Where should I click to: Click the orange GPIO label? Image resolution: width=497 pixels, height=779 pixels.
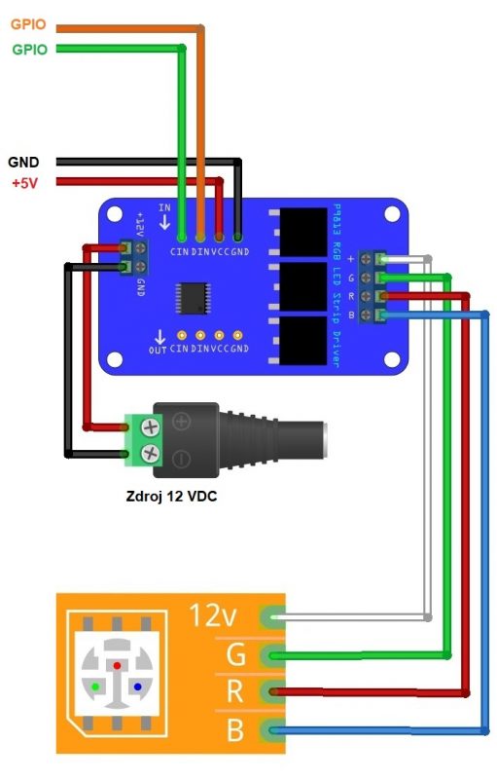tap(28, 24)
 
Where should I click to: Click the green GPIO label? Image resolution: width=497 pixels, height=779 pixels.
tap(30, 50)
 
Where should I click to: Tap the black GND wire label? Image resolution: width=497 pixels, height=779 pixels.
tap(23, 162)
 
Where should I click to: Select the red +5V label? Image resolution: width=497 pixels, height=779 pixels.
tap(24, 183)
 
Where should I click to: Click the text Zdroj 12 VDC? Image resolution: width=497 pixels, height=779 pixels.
tap(171, 496)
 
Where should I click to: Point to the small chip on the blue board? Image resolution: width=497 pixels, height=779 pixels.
tap(193, 299)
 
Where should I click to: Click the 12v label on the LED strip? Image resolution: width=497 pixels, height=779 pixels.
tap(213, 615)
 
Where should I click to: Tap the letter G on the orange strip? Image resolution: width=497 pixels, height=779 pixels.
tap(235, 653)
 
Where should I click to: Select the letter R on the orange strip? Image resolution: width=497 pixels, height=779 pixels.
tap(235, 691)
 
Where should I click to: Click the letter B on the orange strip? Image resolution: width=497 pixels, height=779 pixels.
tap(235, 729)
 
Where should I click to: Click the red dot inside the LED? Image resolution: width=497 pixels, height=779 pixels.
tap(117, 665)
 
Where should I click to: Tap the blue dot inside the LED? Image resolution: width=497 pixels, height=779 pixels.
tap(138, 686)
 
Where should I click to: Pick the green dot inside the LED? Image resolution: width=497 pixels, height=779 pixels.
tap(95, 686)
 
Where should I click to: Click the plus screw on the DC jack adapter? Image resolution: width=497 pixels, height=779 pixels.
tap(151, 427)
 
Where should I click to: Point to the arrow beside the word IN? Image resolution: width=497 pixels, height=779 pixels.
tap(164, 222)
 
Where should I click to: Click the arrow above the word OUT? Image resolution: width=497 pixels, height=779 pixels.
tap(160, 337)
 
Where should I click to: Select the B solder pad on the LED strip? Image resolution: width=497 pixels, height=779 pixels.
tap(272, 729)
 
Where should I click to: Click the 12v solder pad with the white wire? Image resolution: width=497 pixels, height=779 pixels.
tap(272, 617)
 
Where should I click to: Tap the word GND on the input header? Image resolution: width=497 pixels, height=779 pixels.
tap(240, 252)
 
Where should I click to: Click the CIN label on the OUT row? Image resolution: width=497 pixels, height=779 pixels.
tap(179, 349)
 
